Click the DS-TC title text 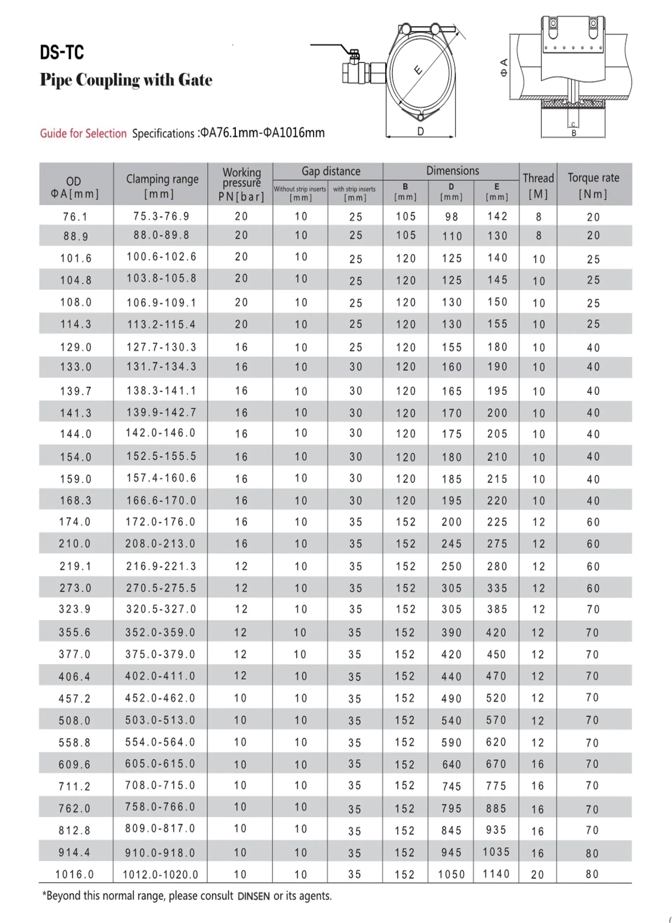point(62,53)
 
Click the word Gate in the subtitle point(195,80)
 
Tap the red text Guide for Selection point(83,133)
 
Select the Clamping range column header point(162,185)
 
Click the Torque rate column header point(594,185)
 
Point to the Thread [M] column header point(538,185)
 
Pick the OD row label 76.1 point(75,217)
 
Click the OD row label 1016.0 point(75,874)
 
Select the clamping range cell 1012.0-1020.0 point(160,874)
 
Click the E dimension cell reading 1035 point(496,852)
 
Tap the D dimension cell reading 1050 point(451,874)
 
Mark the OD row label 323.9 point(75,609)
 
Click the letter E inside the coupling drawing point(418,70)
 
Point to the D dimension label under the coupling point(420,131)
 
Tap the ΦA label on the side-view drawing point(504,68)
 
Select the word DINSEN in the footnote point(253,896)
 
